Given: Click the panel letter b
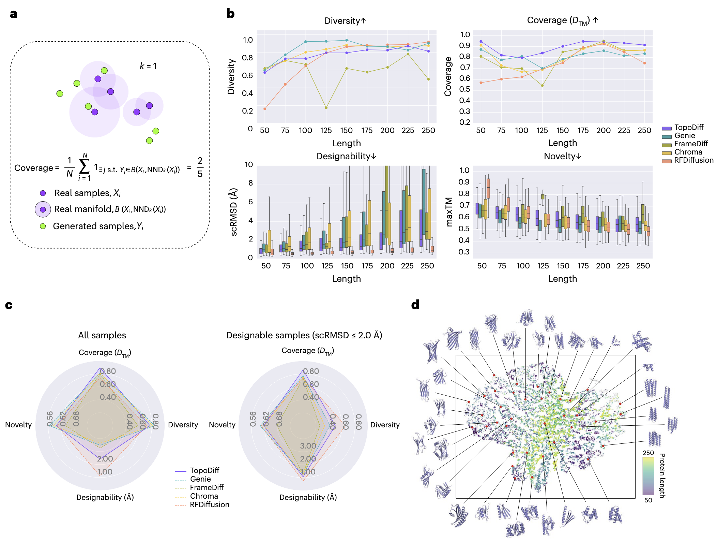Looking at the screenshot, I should tap(230, 14).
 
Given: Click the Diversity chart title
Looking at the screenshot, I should tap(345, 21).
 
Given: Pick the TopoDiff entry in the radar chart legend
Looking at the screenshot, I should tap(204, 471).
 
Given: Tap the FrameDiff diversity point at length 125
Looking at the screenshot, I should tap(326, 108).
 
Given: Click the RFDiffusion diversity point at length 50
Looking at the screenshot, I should tap(265, 109).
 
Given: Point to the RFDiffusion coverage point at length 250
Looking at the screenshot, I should tap(644, 63).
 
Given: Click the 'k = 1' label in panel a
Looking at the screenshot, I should tap(148, 66).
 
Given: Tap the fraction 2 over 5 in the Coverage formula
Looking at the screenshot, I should tap(200, 167).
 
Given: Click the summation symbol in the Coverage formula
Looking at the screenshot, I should tap(84, 166).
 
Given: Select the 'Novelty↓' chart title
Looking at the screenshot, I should tap(562, 156).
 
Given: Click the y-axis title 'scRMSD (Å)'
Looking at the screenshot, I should tap(234, 212).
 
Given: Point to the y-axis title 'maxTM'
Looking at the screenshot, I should tap(449, 212).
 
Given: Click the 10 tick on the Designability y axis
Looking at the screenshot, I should tap(249, 165).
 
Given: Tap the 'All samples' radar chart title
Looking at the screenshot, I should tap(102, 335).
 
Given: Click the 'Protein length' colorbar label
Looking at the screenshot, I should tap(662, 475).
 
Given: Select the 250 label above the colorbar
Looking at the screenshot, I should tap(648, 453).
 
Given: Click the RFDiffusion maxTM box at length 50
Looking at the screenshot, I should tap(488, 188).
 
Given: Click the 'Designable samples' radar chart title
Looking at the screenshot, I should tap(304, 335).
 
